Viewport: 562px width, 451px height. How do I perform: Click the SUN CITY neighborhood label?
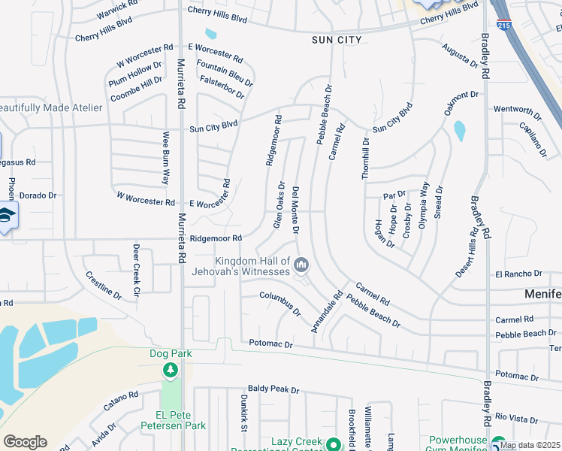pyautogui.click(x=337, y=40)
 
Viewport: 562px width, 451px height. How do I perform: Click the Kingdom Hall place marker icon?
pyautogui.click(x=301, y=264)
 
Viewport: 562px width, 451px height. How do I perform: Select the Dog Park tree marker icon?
pyautogui.click(x=171, y=370)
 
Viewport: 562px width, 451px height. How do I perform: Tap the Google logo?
pyautogui.click(x=25, y=442)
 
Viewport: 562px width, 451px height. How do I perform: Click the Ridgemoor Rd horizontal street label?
pyautogui.click(x=216, y=238)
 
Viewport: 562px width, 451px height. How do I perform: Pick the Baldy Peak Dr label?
pyautogui.click(x=273, y=390)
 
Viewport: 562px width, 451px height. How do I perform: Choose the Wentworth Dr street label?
pyautogui.click(x=517, y=109)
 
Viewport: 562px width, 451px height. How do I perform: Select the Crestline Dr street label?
pyautogui.click(x=103, y=286)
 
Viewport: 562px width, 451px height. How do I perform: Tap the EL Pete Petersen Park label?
pyautogui.click(x=173, y=420)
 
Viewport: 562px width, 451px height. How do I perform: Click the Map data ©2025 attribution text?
pyautogui.click(x=530, y=445)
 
